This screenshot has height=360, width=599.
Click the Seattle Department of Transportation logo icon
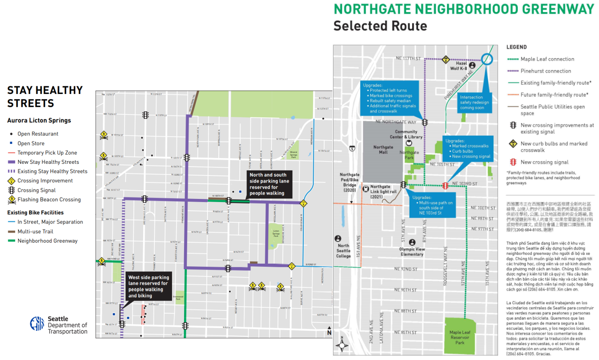(37, 324)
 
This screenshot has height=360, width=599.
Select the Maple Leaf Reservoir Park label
(460, 337)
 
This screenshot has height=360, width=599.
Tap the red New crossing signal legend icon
(513, 162)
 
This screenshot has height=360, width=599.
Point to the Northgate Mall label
(383, 150)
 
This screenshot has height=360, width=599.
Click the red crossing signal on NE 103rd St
(445, 186)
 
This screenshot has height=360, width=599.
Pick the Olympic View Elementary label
(412, 252)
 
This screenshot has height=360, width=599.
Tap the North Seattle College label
(343, 251)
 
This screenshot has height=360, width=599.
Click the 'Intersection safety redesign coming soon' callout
(474, 103)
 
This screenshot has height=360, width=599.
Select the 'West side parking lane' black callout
(149, 287)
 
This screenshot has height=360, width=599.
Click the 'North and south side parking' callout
(269, 184)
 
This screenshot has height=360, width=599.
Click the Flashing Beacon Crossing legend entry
(49, 200)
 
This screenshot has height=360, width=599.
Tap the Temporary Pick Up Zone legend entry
(47, 153)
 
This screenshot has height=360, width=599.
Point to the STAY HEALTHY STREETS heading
(45, 97)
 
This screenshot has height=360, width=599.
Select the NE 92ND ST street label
(406, 269)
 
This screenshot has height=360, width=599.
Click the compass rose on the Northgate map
(342, 345)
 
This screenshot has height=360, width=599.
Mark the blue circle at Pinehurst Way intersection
(487, 59)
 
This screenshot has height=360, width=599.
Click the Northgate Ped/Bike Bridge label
(349, 183)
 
